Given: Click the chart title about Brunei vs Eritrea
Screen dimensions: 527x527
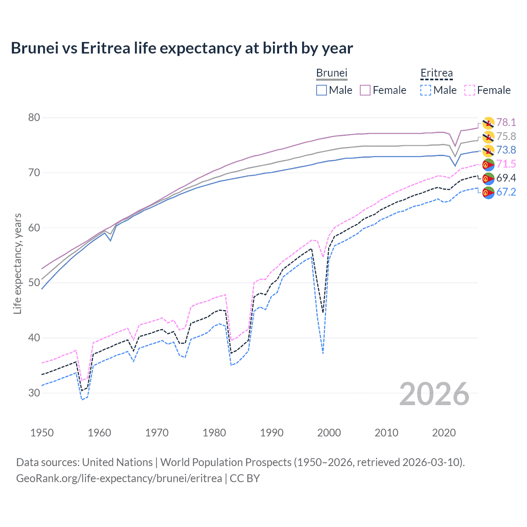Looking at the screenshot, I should point(182,48).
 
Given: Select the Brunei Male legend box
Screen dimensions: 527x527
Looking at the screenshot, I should point(322,90).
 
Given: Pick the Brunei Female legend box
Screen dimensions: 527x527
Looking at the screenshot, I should point(365,90).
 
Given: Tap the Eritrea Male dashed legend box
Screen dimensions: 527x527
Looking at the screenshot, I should point(426,90).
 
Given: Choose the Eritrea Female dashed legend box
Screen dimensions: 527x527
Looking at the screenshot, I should point(470,90).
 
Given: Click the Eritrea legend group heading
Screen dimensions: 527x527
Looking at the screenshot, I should point(436,73).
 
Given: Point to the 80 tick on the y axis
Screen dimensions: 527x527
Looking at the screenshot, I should point(34,118).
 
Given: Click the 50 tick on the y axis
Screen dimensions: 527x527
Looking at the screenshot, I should point(34,283).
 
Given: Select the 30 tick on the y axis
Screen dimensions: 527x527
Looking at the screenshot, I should point(34,393).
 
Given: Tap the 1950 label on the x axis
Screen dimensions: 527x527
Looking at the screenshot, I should point(42,433).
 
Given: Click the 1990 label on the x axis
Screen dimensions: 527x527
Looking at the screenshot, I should point(272,433).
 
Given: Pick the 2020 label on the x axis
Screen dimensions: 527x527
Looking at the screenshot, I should point(444,433).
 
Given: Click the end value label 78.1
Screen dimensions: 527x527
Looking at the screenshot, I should point(506,122).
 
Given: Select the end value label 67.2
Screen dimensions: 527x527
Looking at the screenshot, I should point(506,192).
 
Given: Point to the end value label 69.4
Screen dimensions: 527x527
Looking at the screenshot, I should point(506,178).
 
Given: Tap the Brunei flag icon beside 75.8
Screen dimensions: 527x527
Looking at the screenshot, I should point(488,137).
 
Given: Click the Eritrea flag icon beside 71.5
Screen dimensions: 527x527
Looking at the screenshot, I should point(488,165).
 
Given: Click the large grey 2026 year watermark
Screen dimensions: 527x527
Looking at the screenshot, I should point(434,394).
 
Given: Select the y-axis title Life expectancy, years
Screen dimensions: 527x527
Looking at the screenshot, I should point(18,263).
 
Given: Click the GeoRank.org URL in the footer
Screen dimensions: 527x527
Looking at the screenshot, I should point(119,478).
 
